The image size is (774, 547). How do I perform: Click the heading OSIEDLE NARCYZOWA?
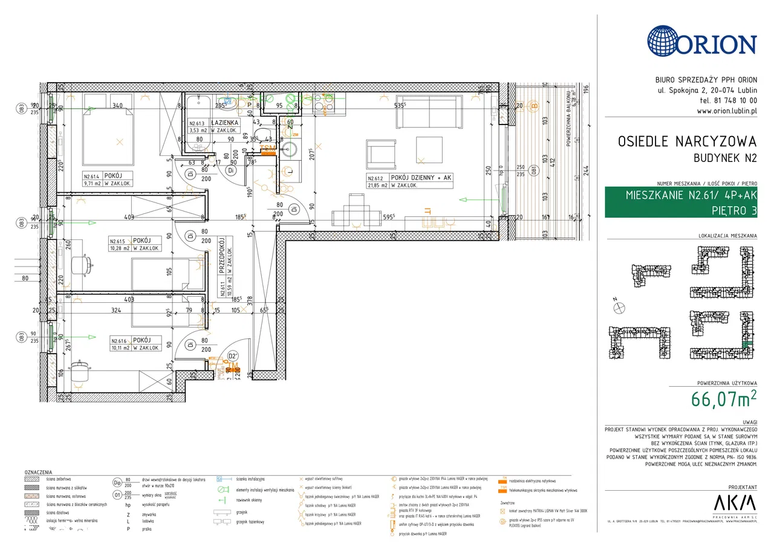[687, 141]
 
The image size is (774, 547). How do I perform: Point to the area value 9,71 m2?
[94, 184]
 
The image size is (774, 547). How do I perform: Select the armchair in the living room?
[382, 155]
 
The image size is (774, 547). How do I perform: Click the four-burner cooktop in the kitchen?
[320, 106]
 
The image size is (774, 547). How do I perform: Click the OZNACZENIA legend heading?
[37, 472]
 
